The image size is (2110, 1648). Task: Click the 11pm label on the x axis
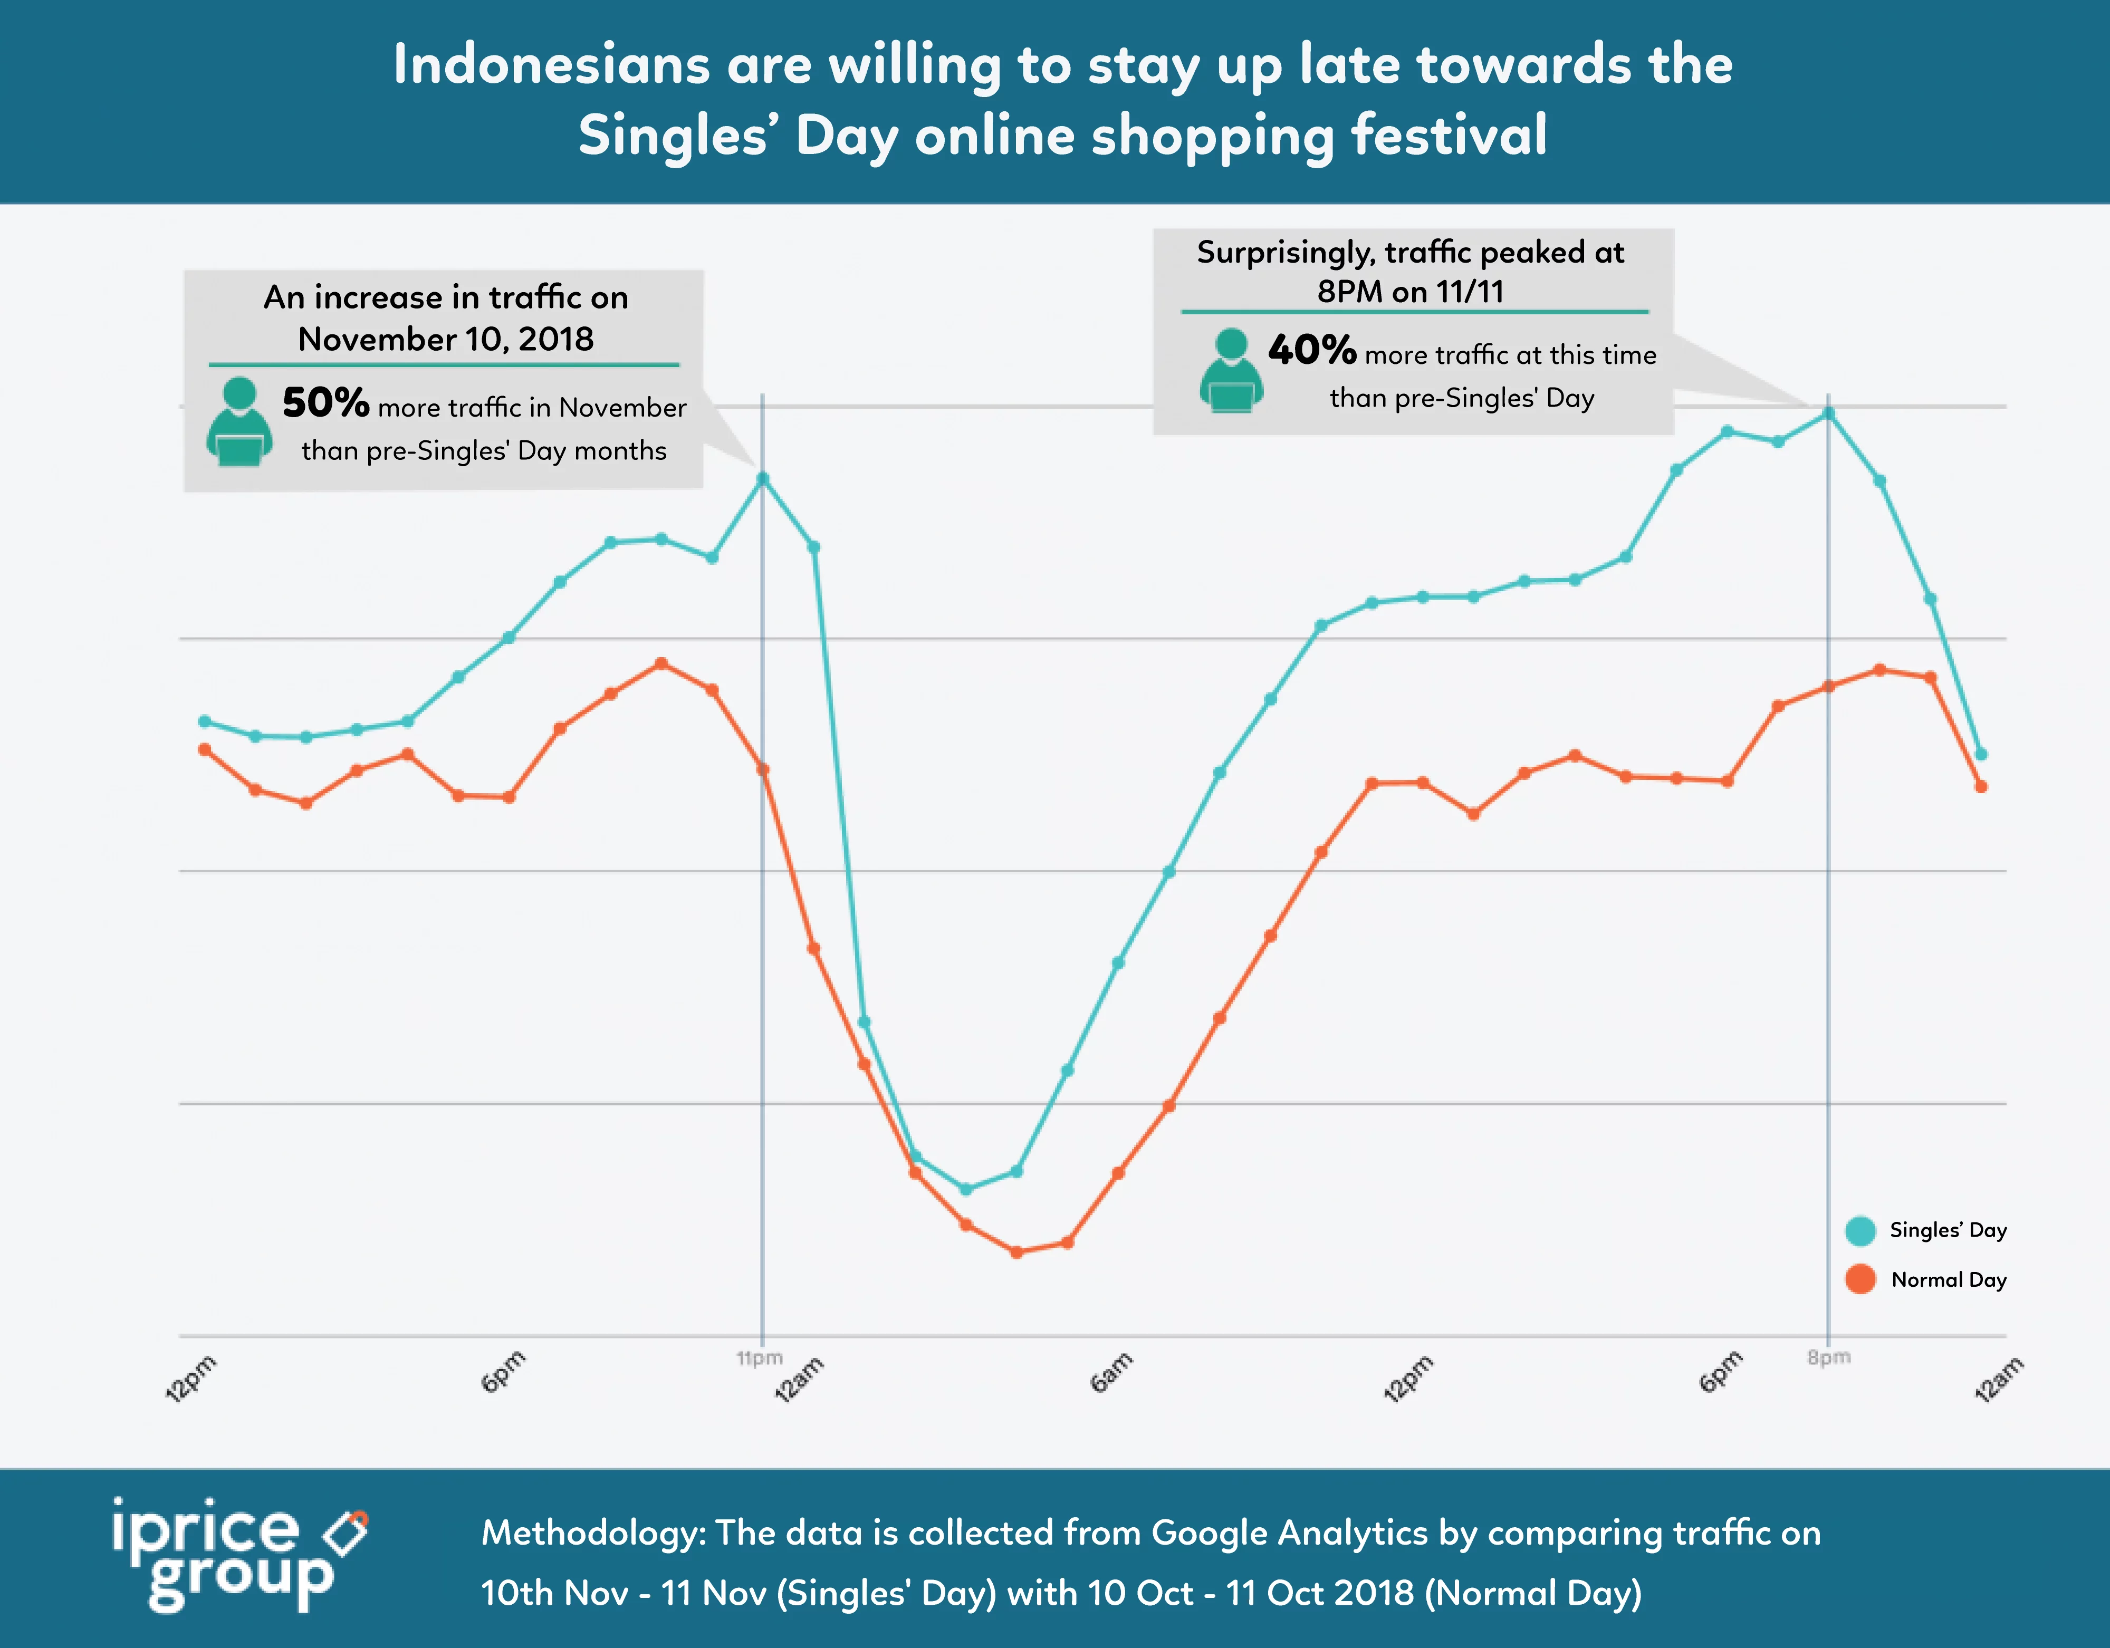click(x=760, y=1358)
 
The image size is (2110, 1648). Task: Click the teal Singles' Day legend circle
click(x=1860, y=1231)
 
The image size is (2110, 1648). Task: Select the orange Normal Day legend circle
click(x=1860, y=1280)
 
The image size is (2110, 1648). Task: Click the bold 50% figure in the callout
click(x=325, y=403)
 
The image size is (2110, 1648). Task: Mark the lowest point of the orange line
click(x=1016, y=1252)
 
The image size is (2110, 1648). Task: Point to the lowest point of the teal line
click(x=965, y=1189)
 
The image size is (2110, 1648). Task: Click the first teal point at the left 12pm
click(x=204, y=721)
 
